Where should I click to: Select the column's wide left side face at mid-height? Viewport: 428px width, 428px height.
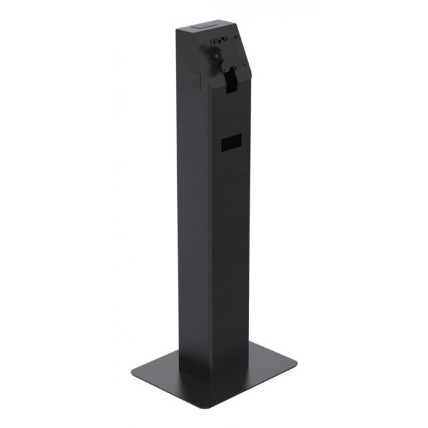194,221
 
